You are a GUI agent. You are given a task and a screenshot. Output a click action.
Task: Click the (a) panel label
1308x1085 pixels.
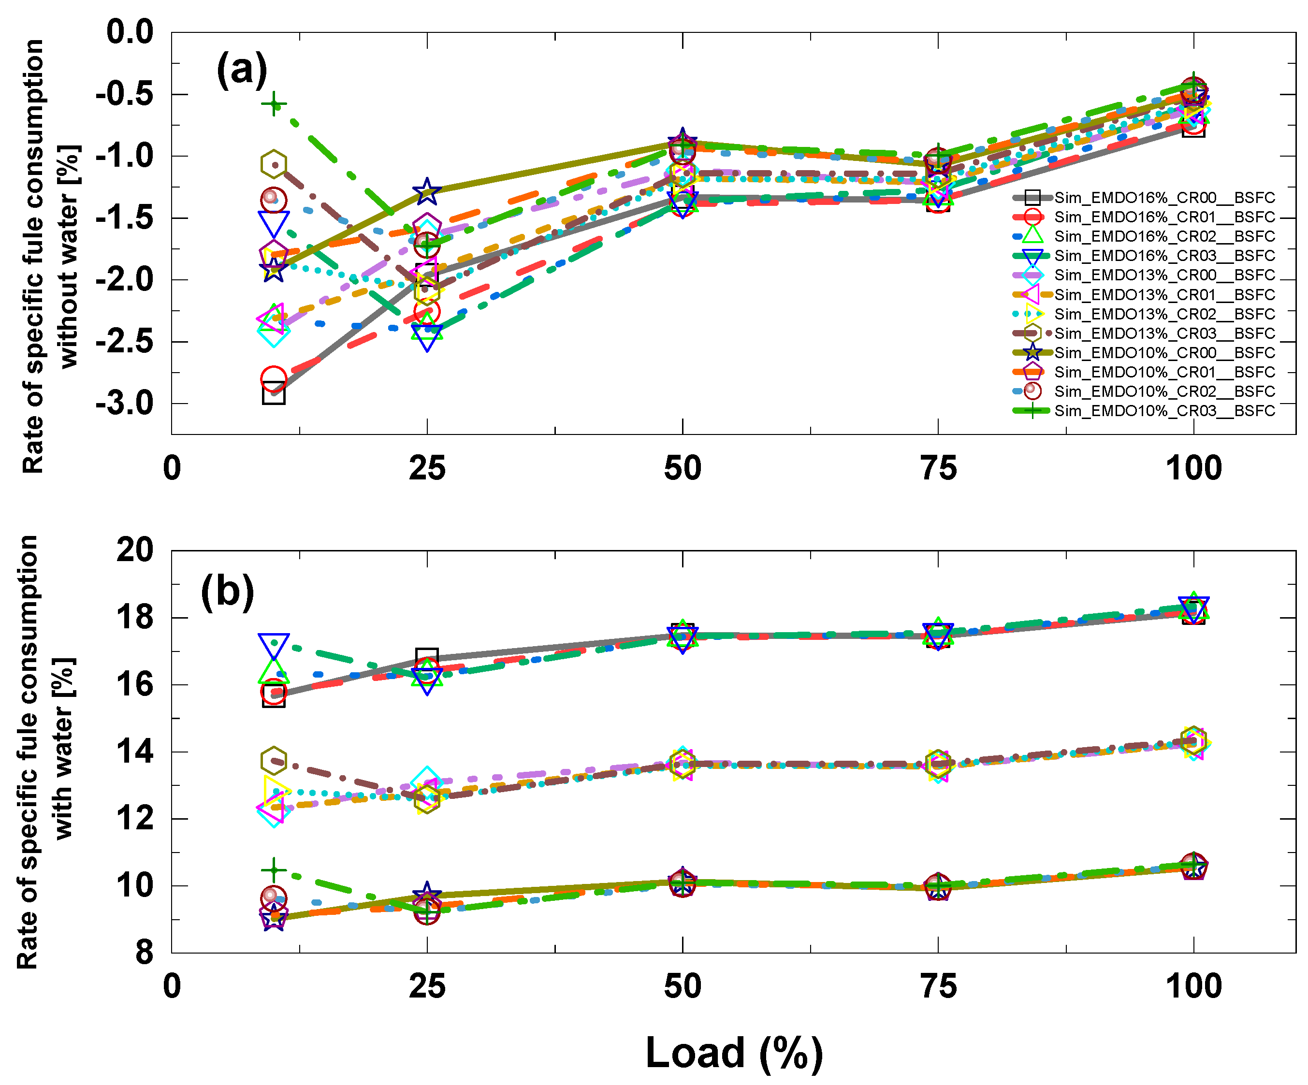point(242,70)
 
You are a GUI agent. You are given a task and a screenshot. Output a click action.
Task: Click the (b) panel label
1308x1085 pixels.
point(227,591)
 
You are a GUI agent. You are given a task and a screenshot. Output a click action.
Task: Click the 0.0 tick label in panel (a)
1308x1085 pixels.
point(130,32)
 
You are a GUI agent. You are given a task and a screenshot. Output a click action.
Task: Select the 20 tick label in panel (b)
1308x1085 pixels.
point(134,550)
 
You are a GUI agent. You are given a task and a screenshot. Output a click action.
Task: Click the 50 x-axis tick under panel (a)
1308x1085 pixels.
point(682,468)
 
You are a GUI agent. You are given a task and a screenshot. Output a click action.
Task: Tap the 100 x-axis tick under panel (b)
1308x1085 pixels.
point(1193,986)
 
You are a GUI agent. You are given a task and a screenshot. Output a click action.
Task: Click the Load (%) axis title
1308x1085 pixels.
point(734,1053)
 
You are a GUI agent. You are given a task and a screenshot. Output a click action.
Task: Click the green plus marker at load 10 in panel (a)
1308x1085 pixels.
point(274,104)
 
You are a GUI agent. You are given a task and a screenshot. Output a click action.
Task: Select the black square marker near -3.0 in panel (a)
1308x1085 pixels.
point(274,393)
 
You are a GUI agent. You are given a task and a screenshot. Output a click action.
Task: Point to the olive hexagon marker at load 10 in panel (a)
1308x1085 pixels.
point(274,164)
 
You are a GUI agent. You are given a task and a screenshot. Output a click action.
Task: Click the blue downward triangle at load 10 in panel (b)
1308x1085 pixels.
point(274,645)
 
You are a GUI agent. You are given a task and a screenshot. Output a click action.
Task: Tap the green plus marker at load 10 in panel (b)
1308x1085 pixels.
point(274,869)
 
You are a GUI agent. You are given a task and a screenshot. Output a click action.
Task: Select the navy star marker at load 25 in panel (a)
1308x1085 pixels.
point(427,191)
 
